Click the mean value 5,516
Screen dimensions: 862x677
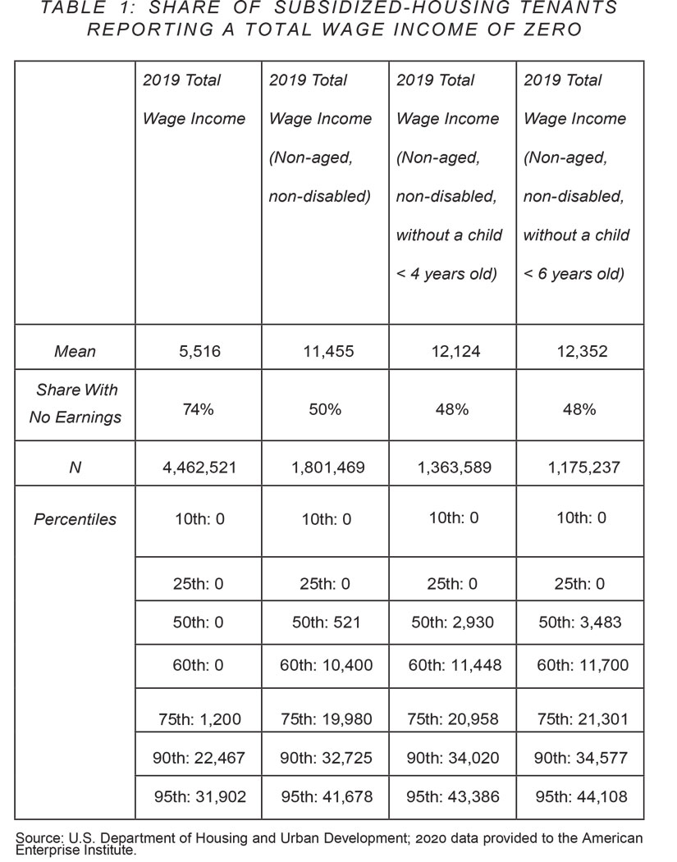tap(198, 352)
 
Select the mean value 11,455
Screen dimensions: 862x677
tap(325, 352)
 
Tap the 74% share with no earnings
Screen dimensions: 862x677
tap(198, 409)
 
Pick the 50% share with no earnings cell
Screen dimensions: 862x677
tap(325, 409)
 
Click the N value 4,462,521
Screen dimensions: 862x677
tap(198, 468)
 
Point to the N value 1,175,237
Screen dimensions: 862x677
tap(579, 468)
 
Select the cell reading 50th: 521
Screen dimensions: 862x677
tap(325, 623)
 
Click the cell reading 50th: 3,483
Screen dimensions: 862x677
tap(579, 623)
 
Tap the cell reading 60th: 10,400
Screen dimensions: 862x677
tap(325, 665)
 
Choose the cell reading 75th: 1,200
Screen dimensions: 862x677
tap(198, 720)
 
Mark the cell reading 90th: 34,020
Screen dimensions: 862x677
tap(452, 759)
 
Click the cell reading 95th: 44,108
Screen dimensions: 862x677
tap(579, 796)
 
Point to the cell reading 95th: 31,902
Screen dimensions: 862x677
tap(198, 796)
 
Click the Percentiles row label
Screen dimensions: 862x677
tap(75, 519)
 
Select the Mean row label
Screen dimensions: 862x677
tap(75, 352)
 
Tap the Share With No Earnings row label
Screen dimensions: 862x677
tap(75, 404)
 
